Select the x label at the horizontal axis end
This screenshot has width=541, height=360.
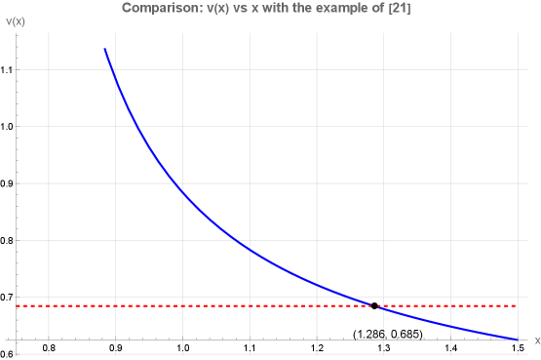coord(536,340)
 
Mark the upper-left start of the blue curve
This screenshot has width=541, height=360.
coord(104,48)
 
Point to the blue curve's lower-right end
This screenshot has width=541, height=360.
coord(517,340)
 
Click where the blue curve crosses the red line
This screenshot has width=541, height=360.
coord(375,306)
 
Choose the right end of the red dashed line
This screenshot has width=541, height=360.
coord(517,306)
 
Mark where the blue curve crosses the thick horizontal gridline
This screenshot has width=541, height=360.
coord(173,182)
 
